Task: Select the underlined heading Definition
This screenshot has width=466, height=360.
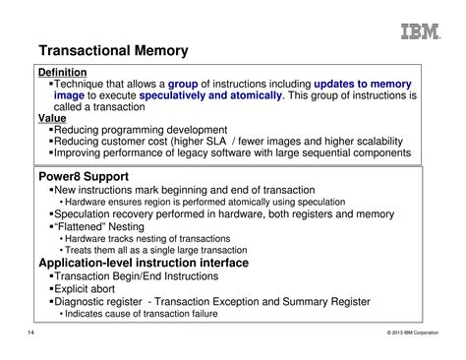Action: pyautogui.click(x=62, y=73)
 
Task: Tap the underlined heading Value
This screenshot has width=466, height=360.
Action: pyautogui.click(x=52, y=118)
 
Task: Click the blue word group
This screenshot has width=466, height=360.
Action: pyautogui.click(x=183, y=85)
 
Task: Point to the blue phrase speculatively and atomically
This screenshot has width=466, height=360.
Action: pyautogui.click(x=211, y=96)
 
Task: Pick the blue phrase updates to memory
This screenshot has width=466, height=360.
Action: pyautogui.click(x=363, y=85)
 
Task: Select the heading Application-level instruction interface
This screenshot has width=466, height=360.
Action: pyautogui.click(x=143, y=263)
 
